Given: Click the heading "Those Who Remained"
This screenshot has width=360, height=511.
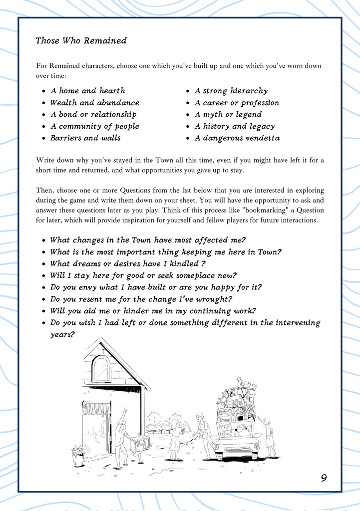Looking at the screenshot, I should (81, 41).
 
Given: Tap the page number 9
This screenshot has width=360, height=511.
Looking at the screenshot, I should (324, 478).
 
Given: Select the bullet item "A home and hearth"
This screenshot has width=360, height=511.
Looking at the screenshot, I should (87, 91).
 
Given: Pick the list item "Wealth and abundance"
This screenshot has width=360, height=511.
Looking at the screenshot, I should (94, 103).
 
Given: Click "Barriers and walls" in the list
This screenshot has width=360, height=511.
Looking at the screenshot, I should (85, 138).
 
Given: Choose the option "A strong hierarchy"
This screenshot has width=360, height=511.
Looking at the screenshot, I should (231, 91).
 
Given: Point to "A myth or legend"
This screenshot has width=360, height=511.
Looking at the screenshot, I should (228, 115).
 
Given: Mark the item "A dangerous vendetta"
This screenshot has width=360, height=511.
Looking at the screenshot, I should (237, 138).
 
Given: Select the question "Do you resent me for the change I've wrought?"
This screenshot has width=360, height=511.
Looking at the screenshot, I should (141, 299).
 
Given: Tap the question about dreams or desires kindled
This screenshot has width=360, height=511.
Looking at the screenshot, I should (128, 263).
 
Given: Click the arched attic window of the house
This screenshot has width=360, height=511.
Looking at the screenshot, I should (101, 368).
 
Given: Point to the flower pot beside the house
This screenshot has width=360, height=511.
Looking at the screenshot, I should (78, 455).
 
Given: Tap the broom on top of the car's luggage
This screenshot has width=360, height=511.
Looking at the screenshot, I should (247, 385).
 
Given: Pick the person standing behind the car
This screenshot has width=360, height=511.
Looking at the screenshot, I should (269, 437).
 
